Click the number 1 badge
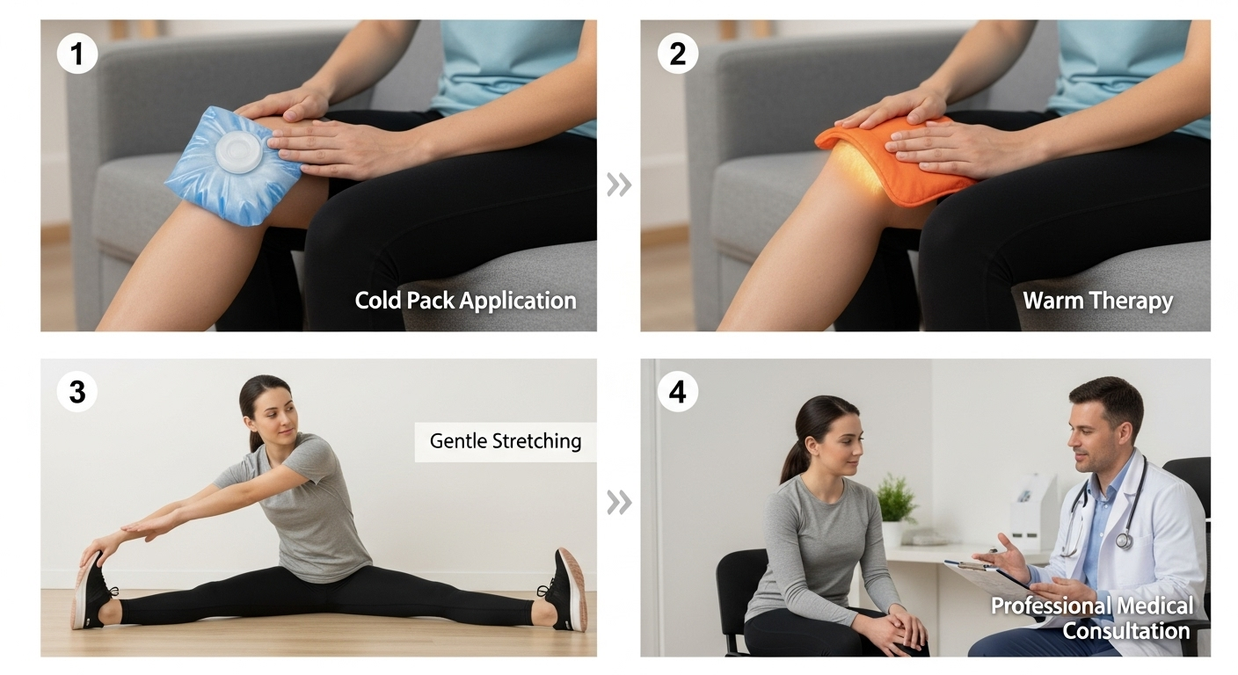77,54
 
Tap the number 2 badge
678,54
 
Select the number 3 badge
77,392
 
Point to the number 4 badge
678,392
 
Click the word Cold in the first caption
378,301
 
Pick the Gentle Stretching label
506,441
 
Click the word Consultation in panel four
1125,631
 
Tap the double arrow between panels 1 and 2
618,185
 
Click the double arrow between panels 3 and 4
618,502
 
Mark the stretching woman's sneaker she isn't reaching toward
564,590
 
